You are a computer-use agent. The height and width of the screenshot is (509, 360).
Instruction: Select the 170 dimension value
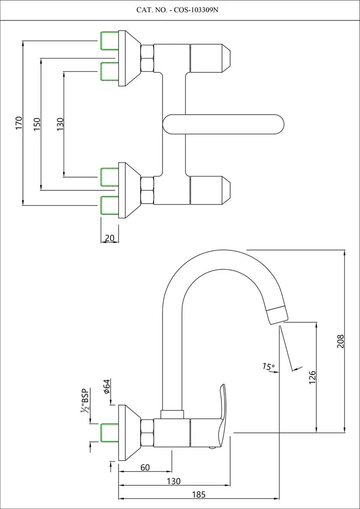19,123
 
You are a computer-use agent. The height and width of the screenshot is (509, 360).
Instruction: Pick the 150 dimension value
37,124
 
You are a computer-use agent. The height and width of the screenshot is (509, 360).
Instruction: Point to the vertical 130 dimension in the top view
60,123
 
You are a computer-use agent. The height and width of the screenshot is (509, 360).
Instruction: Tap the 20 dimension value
108,238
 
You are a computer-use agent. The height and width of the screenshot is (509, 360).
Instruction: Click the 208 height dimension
341,341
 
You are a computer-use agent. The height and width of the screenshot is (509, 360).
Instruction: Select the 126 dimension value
313,376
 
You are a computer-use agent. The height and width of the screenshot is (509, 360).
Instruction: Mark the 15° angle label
268,366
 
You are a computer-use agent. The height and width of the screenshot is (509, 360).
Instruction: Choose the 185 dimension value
199,494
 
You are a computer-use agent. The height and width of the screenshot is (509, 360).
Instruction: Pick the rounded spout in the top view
223,124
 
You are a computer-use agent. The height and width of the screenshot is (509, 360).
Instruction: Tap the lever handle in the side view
221,415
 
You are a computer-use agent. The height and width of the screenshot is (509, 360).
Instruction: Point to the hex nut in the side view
147,433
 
